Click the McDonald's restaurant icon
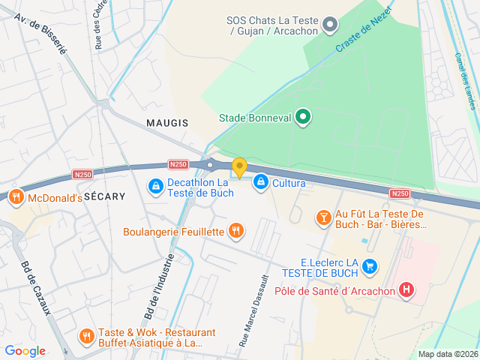point(15,198)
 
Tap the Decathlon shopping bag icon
point(154,184)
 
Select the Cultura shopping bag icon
point(260,181)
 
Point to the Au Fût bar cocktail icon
point(323,217)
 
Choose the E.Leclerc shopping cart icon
point(369,265)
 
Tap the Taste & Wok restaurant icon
point(86,336)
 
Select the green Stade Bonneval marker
point(302,117)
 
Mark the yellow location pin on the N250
point(239,167)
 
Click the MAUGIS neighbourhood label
point(167,122)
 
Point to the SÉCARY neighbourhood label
point(104,195)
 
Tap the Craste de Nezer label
point(362,36)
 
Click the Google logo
point(25,351)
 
